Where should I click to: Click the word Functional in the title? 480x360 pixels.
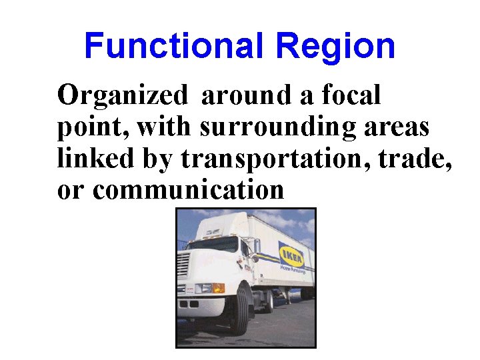pyautogui.click(x=175, y=47)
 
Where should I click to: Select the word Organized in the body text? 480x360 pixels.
pyautogui.click(x=123, y=96)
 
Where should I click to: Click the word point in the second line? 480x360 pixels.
pyautogui.click(x=86, y=127)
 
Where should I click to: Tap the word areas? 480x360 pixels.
pyautogui.click(x=397, y=127)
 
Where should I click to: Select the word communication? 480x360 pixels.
pyautogui.click(x=189, y=190)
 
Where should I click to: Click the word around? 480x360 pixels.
pyautogui.click(x=246, y=95)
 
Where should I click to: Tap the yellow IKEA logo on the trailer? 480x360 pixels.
pyautogui.click(x=291, y=256)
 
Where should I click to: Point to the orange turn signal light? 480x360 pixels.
pyautogui.click(x=219, y=288)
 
